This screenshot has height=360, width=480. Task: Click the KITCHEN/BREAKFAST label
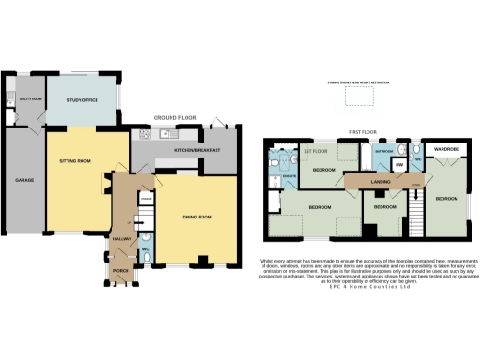coord(197,151)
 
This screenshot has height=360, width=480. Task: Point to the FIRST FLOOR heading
coord(362,133)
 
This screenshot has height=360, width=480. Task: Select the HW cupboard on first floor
coord(397,165)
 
